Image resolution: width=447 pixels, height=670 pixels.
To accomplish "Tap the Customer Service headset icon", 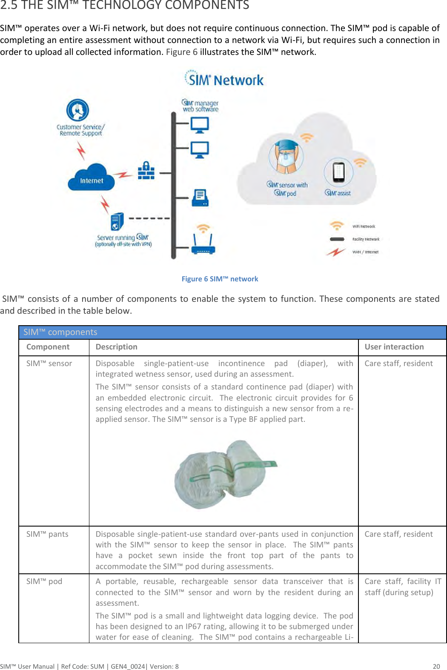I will tap(77, 110).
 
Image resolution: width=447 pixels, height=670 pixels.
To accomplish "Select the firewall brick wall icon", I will tap(146, 171).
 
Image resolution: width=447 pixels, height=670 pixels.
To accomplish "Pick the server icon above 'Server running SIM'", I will tap(117, 222).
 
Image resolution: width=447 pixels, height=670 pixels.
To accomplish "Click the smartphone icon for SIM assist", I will tap(338, 172).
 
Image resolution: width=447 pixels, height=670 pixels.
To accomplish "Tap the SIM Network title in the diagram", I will tap(224, 79).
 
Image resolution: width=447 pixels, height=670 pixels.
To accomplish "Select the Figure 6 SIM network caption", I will tap(220, 279).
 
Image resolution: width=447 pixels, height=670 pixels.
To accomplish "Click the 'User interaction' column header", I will tap(394, 347).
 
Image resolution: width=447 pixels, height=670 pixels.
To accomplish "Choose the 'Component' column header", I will tap(48, 347).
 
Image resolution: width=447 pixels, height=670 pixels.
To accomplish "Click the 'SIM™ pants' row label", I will tap(47, 534).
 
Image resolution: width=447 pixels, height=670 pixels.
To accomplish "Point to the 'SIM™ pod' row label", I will tap(44, 581).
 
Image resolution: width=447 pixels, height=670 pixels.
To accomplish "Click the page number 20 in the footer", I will tap(436, 666).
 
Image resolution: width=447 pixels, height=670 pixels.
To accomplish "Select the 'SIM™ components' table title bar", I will tap(232, 332).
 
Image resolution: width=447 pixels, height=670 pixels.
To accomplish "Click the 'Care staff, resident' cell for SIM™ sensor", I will tap(398, 364).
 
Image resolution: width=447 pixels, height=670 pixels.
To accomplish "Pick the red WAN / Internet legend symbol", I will tap(336, 252).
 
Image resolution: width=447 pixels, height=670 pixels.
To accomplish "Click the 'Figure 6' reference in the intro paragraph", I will tap(182, 52).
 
